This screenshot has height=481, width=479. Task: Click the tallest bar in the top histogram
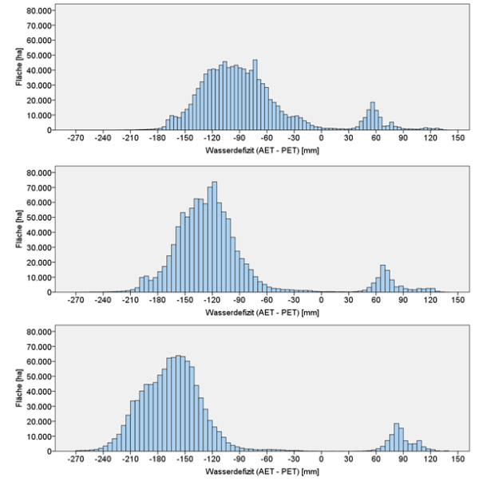[x=255, y=96]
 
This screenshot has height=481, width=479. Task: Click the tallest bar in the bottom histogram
[x=178, y=404]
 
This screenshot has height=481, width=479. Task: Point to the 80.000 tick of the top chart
[x=38, y=10]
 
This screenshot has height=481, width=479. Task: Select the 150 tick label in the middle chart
[x=457, y=301]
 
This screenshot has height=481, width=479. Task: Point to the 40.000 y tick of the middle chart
[x=38, y=232]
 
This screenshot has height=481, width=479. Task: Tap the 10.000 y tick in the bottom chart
[x=38, y=436]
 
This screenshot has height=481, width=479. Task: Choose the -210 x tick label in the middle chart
[x=130, y=301]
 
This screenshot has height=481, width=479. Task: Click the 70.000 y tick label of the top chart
[x=38, y=26]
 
